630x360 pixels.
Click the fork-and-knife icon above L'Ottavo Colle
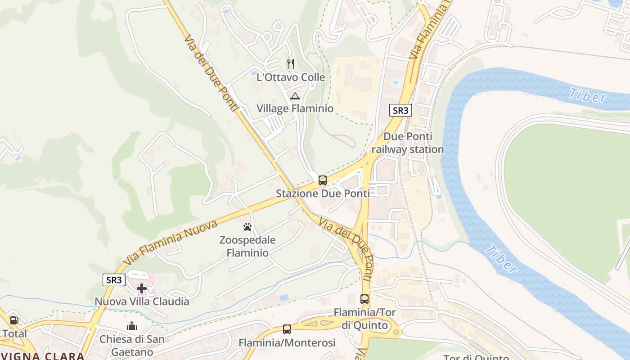point(291,63)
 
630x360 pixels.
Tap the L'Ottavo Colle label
point(291,77)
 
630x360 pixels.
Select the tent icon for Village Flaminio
point(295,95)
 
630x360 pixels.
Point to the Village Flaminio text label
point(295,108)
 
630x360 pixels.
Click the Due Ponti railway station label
point(407,143)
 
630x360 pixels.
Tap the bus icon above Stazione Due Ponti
point(322,180)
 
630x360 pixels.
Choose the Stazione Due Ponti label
point(322,193)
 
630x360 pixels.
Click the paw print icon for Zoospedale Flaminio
point(247,227)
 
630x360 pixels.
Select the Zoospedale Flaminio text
point(247,246)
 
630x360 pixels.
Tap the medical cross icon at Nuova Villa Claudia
point(142,288)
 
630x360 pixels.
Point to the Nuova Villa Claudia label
point(142,301)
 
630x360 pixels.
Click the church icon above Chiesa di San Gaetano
point(132,325)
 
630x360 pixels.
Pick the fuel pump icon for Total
point(14,320)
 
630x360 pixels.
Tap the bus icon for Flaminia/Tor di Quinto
point(364,299)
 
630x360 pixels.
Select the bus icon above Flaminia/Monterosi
point(287,329)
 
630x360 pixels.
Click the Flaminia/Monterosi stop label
point(287,343)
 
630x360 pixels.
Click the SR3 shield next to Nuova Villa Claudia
point(113,280)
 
